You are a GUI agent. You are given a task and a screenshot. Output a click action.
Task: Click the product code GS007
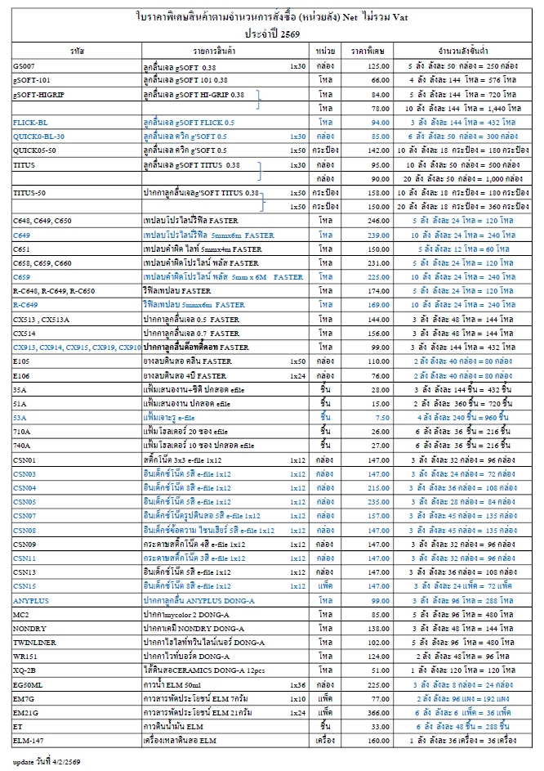[24, 65]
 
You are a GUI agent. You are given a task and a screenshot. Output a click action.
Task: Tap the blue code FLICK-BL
[31, 122]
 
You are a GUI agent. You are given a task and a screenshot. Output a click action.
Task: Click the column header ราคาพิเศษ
[368, 51]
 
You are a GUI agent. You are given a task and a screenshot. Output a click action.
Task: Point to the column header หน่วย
[324, 51]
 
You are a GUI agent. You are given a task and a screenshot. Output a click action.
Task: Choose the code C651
[22, 249]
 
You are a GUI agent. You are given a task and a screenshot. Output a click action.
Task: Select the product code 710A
[22, 431]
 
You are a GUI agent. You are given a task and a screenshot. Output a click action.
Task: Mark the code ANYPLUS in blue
[31, 601]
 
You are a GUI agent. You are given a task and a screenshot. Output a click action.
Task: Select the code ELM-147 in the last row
[28, 741]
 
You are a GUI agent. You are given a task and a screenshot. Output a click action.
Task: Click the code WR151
[25, 657]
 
